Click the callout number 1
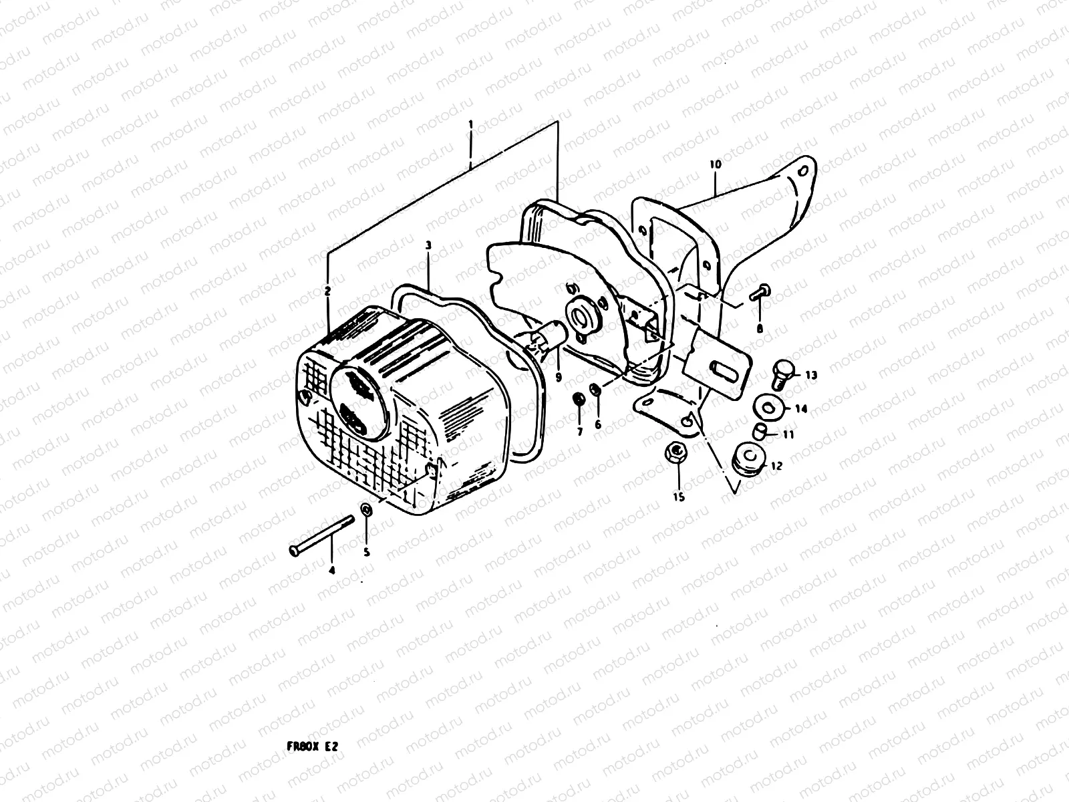[x=470, y=124]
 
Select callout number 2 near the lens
[x=328, y=291]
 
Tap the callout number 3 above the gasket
[x=429, y=246]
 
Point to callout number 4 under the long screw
[x=331, y=570]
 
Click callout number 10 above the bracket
[x=715, y=164]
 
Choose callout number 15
[x=679, y=497]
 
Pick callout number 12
[x=776, y=466]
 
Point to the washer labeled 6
[x=595, y=389]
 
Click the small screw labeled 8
[x=760, y=291]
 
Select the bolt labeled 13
[x=782, y=372]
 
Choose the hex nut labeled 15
[x=677, y=453]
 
